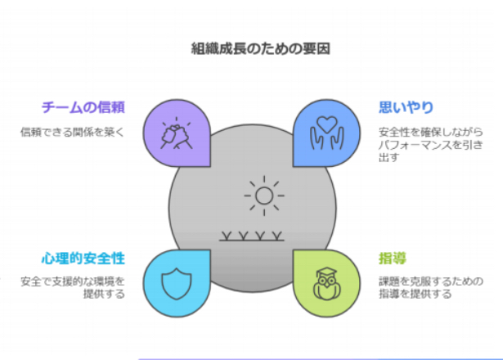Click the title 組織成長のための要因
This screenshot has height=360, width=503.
(x=260, y=49)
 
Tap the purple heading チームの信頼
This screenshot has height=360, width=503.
(x=83, y=107)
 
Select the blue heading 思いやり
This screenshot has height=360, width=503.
(x=406, y=107)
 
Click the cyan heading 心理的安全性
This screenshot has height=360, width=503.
(x=83, y=259)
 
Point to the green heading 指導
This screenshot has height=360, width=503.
(x=393, y=259)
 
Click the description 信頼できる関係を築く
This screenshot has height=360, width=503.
(x=73, y=132)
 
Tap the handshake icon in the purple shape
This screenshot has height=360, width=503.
(x=177, y=134)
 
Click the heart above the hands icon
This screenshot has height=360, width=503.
(x=327, y=124)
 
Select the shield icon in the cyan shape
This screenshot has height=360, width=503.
(x=177, y=284)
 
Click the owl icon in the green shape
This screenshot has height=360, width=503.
(x=327, y=284)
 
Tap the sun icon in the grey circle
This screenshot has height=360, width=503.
(x=264, y=196)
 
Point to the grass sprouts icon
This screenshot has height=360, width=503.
(x=252, y=236)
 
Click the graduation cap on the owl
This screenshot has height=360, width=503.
(x=327, y=272)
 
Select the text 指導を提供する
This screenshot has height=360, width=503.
(x=415, y=294)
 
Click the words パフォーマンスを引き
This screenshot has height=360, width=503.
(x=431, y=145)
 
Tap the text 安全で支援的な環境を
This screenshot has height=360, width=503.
(x=73, y=281)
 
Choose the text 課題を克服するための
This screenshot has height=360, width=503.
(x=431, y=281)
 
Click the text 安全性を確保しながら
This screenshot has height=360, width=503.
(x=431, y=132)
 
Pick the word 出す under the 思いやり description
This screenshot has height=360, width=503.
(x=389, y=158)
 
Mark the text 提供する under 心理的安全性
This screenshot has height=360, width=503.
(x=104, y=294)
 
